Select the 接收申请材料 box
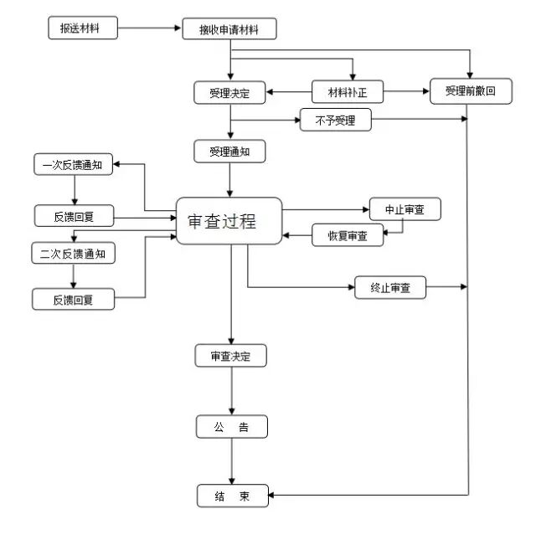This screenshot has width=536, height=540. pos(229,29)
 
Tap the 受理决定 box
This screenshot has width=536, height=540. pos(229,91)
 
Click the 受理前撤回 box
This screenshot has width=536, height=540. pos(470,90)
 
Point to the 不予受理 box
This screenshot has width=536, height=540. pos(335,121)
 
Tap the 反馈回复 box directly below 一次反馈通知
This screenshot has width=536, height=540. pos(74,216)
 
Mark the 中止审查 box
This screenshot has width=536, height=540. pos(405,208)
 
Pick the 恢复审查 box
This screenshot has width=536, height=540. pos(347,235)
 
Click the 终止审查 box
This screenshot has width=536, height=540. pos(390,289)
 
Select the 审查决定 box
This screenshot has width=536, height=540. pos(231,356)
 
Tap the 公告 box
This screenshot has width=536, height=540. pos(231,427)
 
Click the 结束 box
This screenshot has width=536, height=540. pos(231,496)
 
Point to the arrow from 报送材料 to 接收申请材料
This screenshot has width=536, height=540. pos(150,28)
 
